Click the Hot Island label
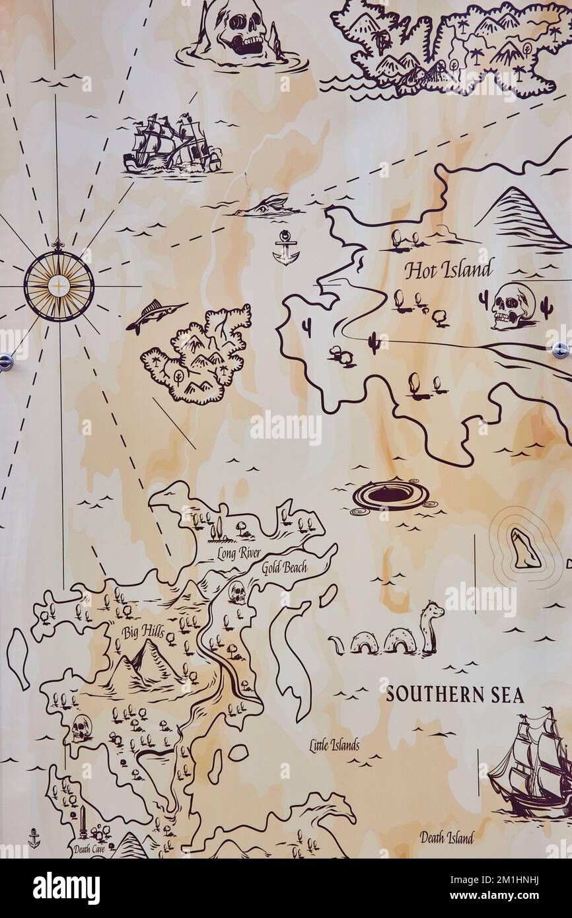coord(448,269)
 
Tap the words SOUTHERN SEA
coord(454,695)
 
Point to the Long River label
coord(238,553)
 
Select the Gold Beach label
coord(284,567)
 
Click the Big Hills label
coord(143,631)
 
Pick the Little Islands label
coord(334,746)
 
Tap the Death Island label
coord(447,837)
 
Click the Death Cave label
coord(89,849)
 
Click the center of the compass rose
coord(59,286)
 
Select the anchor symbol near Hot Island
coord(286,248)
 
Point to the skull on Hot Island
coord(513,306)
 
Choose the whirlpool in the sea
coord(390,494)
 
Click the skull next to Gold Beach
coord(237,592)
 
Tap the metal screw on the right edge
coord(560,350)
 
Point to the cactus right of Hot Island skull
coord(546,306)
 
